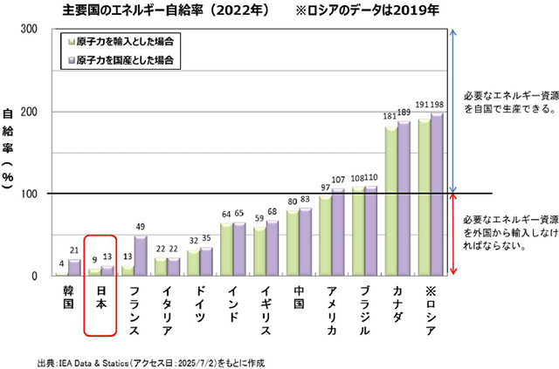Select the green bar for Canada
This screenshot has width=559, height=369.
coord(390,202)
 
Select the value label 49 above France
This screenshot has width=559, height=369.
coord(140,228)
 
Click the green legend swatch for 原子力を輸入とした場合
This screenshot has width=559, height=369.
coord(68,41)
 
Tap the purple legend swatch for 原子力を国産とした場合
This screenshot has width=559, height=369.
coord(68,61)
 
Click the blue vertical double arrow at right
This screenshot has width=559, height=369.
coord(452,111)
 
